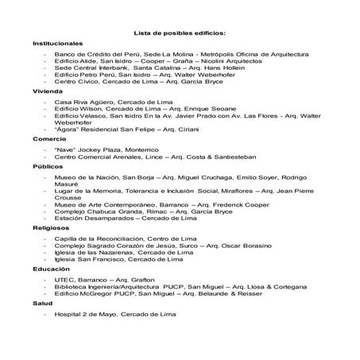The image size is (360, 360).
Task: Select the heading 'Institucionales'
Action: coord(58,43)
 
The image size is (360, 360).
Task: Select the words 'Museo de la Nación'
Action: coord(87,178)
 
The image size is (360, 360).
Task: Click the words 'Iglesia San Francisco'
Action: coord(87,258)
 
